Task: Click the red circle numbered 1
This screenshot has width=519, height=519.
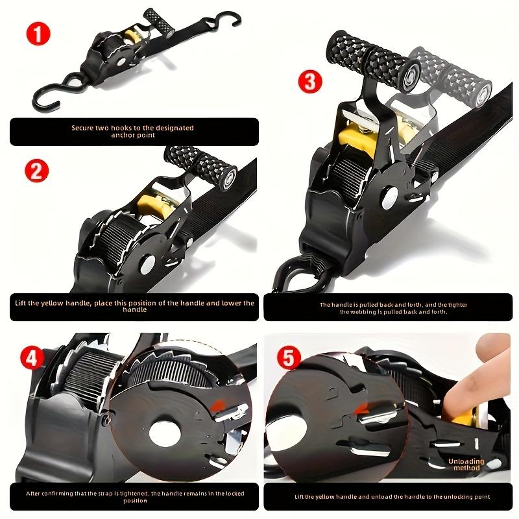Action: tap(38, 33)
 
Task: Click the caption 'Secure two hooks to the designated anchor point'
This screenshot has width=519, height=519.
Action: tap(133, 132)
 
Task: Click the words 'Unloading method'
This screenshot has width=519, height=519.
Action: tap(465, 465)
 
